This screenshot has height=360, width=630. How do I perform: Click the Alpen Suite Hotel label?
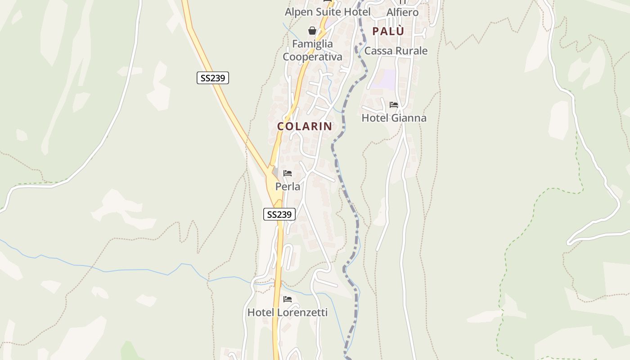coord(328,12)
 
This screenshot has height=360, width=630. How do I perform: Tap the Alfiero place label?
coord(402,12)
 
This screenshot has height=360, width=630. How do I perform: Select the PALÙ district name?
coord(388,31)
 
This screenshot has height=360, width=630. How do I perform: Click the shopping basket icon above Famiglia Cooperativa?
coord(312,31)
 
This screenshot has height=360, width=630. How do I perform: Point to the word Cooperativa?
coord(312,57)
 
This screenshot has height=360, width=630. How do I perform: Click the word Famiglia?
coord(312,44)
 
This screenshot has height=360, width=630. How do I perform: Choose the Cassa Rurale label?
coord(396,50)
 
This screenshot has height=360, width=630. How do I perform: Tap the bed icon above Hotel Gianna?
coord(394,105)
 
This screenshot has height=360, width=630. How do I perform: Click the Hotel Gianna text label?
coord(394,118)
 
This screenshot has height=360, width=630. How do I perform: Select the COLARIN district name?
coord(305,126)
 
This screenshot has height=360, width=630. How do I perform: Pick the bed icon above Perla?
coord(288,173)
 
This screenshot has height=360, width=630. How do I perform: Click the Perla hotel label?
coord(288,186)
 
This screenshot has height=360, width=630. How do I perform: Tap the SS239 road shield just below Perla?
coord(279,214)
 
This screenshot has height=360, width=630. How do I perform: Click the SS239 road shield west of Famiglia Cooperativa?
coord(213,78)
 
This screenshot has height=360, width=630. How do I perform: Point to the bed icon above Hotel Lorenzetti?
coord(288,299)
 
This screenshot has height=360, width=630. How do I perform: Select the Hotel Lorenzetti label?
coord(288,312)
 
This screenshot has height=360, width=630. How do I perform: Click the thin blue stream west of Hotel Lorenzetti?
coord(135,270)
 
